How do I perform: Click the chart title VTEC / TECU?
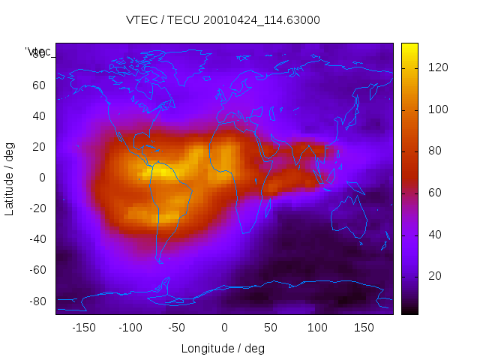[223, 20]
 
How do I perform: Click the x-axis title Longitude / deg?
[223, 348]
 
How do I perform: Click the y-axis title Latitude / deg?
[10, 178]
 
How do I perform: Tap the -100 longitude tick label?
[130, 328]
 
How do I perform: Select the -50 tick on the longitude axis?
[177, 328]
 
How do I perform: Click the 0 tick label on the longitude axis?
[224, 328]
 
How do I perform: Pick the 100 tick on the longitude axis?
[317, 328]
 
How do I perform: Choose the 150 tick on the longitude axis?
[364, 328]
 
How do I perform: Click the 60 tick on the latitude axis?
[39, 85]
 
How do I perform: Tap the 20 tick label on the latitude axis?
[39, 147]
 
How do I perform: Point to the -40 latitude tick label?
[36, 239]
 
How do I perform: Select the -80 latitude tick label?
[36, 301]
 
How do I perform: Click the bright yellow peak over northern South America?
[161, 172]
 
